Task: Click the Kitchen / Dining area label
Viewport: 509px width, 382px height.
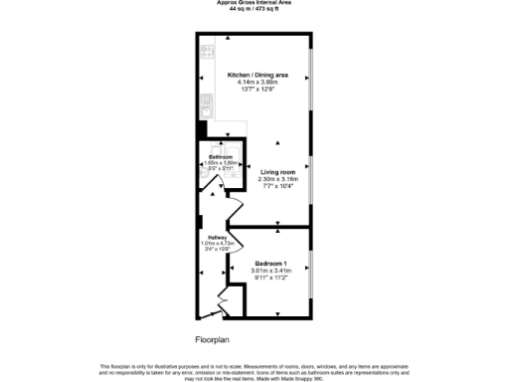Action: pyautogui.click(x=257, y=75)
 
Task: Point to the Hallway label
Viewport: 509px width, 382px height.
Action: pyautogui.click(x=217, y=236)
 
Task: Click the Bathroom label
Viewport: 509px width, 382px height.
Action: pyautogui.click(x=220, y=158)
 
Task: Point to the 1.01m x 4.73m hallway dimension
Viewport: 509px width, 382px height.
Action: pyautogui.click(x=217, y=242)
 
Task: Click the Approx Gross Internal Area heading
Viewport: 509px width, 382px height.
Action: pyautogui.click(x=254, y=3)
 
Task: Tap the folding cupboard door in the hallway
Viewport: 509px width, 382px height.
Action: pyautogui.click(x=223, y=296)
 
